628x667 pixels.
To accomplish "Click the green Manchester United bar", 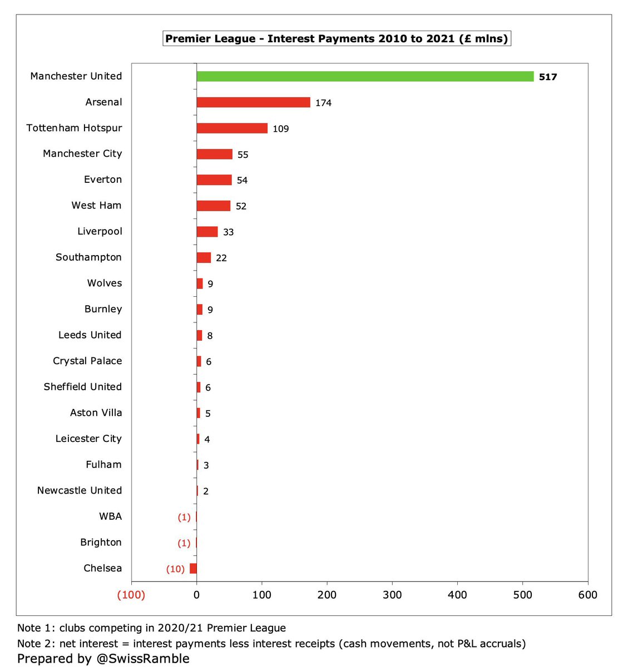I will [x=365, y=77].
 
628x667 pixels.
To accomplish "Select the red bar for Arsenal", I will [x=253, y=102].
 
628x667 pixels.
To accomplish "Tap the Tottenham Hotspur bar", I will [x=232, y=128].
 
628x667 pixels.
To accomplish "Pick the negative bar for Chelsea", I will [x=193, y=569].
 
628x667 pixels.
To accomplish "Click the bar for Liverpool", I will [x=207, y=232].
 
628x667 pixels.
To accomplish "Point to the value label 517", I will [x=548, y=77].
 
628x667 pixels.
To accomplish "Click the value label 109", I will [x=280, y=129].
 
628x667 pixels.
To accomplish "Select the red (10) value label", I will [x=175, y=569].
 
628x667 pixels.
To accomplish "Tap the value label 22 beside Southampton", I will [x=221, y=258].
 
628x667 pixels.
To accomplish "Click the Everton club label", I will [x=103, y=180].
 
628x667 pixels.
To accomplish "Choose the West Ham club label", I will [x=96, y=206].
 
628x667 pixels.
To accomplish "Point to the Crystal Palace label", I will [x=87, y=361].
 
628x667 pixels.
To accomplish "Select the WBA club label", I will [x=110, y=516].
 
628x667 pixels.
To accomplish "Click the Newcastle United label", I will [x=80, y=490].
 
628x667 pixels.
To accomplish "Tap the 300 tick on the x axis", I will [x=392, y=595].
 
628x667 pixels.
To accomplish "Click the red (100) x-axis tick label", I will [x=131, y=595].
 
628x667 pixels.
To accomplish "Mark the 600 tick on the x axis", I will [x=587, y=595].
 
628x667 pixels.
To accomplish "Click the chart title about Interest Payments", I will [x=337, y=39].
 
